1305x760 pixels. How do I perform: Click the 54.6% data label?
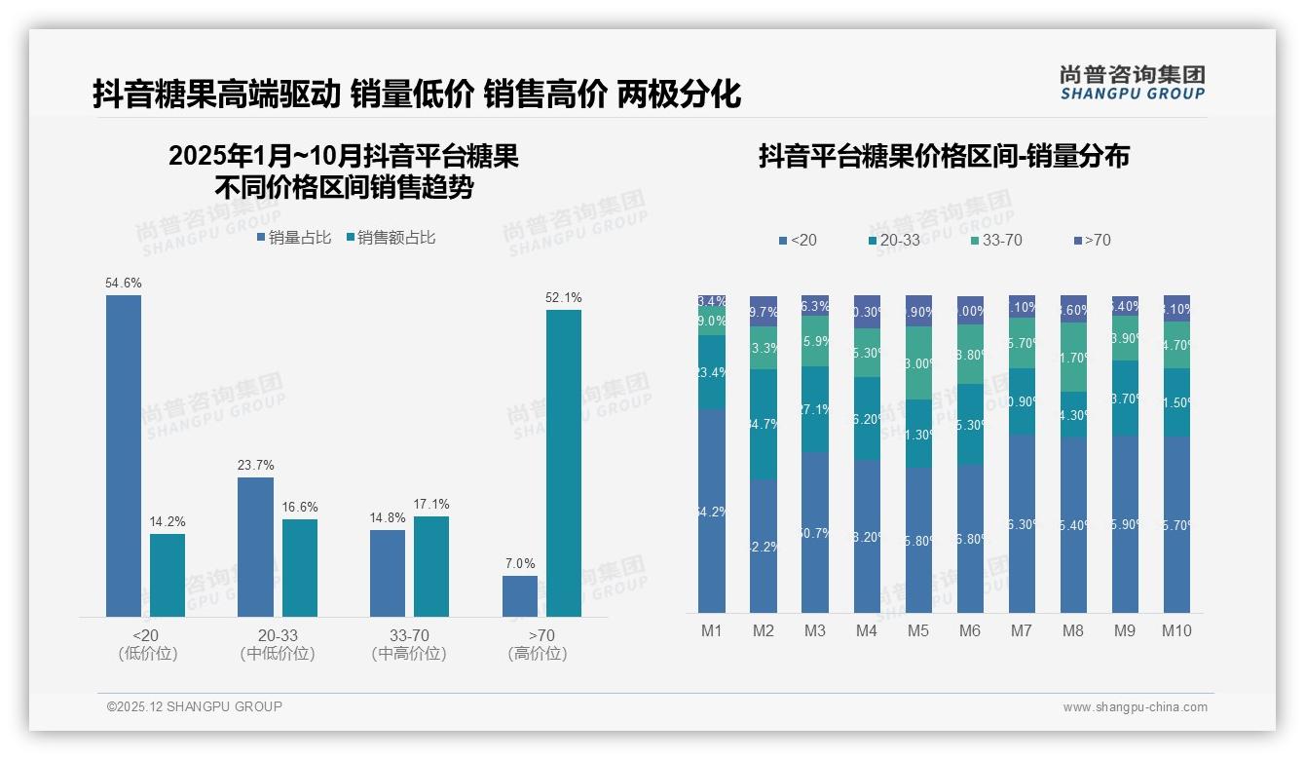point(124,283)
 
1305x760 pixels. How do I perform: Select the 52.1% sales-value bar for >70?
point(563,463)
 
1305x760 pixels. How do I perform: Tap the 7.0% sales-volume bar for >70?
point(520,595)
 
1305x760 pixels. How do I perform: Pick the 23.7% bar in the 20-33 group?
point(255,546)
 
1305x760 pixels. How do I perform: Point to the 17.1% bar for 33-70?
point(431,565)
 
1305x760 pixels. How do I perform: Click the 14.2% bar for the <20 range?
point(168,575)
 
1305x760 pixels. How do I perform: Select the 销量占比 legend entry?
point(294,238)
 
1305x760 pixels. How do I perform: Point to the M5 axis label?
point(918,630)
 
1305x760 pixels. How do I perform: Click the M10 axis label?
point(1176,630)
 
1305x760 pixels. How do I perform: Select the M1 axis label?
point(712,630)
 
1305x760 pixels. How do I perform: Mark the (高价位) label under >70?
point(538,654)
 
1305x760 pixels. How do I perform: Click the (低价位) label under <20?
point(148,654)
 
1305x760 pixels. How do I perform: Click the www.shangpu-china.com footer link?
point(1135,707)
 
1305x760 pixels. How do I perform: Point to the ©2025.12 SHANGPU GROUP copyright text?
point(195,706)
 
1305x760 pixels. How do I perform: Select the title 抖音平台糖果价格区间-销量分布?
point(944,157)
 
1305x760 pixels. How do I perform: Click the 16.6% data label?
point(300,507)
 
